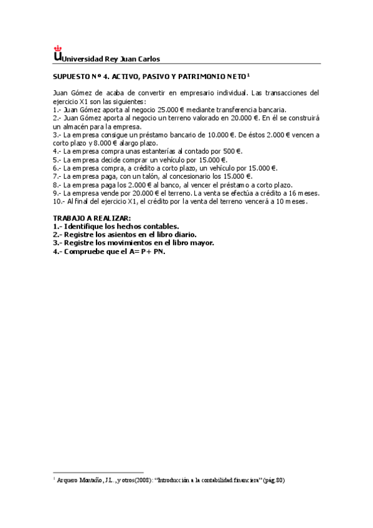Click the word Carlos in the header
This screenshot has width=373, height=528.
coord(148,59)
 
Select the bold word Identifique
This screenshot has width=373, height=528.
coord(87,226)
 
